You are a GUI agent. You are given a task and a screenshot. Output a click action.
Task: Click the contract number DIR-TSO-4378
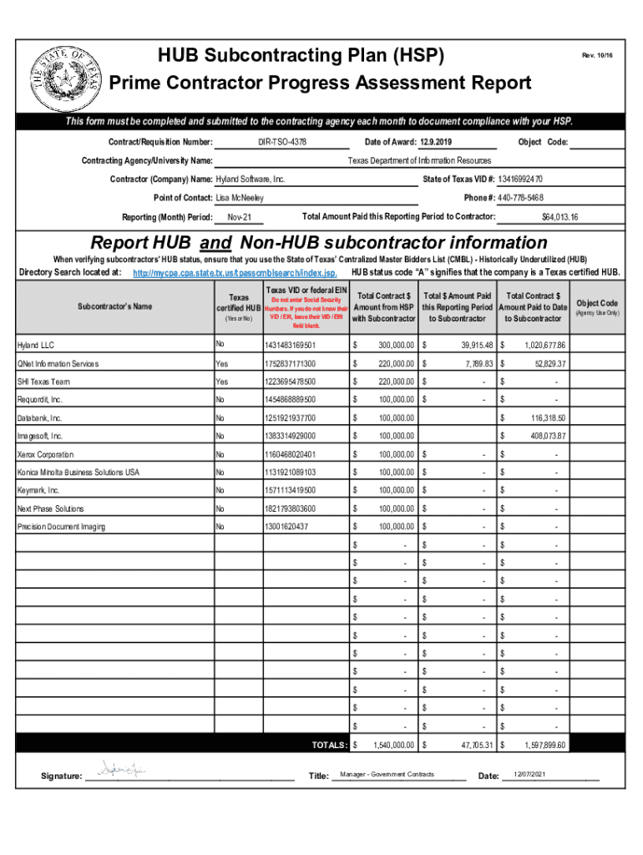[283, 143]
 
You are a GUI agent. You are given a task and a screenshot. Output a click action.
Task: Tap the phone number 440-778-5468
[520, 198]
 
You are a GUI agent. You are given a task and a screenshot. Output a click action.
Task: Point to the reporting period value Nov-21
[240, 218]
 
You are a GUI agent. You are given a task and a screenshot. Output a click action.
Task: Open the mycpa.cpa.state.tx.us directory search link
[235, 273]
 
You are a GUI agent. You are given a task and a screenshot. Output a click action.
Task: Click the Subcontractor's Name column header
[115, 306]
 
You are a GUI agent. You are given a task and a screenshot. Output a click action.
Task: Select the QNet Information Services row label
[58, 363]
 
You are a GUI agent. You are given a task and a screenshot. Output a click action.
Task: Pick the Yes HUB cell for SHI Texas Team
[221, 382]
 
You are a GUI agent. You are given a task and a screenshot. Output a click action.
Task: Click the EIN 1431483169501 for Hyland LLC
[290, 345]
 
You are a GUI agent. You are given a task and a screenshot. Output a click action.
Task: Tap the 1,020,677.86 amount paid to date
[545, 345]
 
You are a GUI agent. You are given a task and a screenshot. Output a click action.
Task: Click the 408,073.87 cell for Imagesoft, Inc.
[545, 436]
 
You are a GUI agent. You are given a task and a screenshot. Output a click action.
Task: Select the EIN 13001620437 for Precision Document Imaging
[286, 527]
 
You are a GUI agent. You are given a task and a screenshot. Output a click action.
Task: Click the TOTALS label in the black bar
[329, 745]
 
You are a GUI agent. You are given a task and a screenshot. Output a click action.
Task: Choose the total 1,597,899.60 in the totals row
[545, 745]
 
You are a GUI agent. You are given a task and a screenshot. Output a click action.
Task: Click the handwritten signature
[121, 769]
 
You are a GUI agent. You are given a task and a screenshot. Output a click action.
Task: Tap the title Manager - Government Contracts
[387, 775]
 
